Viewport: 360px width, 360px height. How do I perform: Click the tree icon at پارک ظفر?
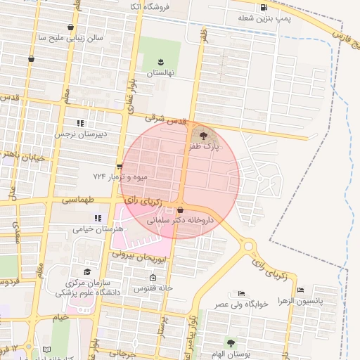204,134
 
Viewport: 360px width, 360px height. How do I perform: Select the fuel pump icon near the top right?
264,8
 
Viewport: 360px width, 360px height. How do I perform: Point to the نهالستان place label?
160,73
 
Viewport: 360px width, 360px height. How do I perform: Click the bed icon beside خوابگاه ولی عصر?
242,293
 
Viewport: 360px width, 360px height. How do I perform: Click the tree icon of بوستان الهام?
231,342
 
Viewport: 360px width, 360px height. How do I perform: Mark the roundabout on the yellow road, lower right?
247,246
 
